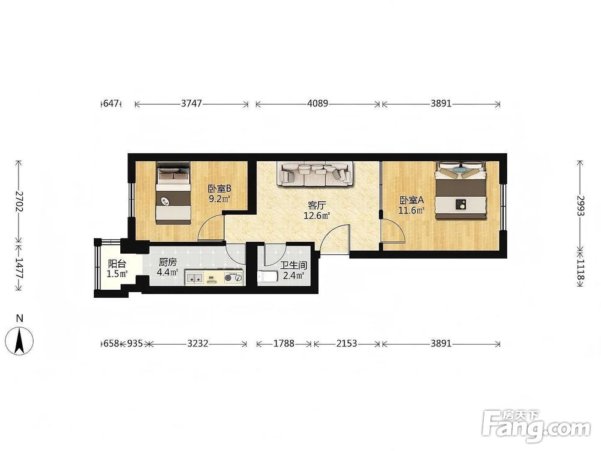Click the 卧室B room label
[x=219, y=189]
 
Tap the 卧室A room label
[x=412, y=200]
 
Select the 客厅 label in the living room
[x=317, y=206]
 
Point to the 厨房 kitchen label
[x=168, y=262]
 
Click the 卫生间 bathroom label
[x=294, y=265]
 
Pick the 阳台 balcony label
[x=117, y=264]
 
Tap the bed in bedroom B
[x=174, y=193]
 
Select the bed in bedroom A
[x=461, y=190]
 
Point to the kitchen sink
[x=194, y=278]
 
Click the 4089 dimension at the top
[x=318, y=103]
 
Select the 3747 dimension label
[x=191, y=103]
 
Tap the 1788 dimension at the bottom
[x=284, y=343]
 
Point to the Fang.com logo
[x=536, y=426]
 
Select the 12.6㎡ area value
[x=317, y=216]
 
